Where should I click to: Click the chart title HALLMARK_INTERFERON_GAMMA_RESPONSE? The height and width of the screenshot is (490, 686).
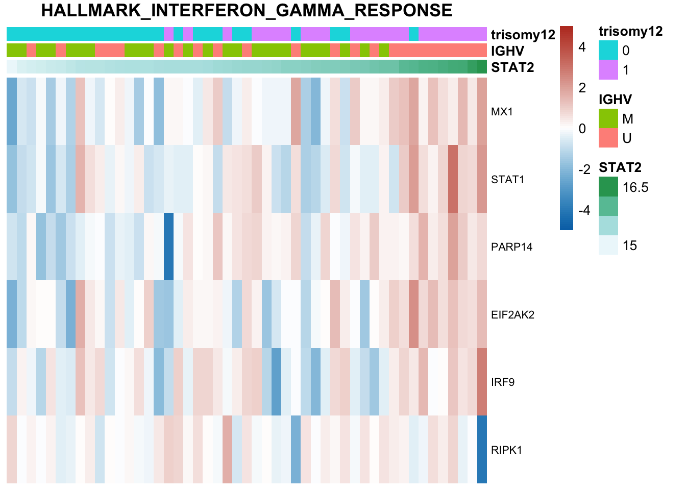click(247, 11)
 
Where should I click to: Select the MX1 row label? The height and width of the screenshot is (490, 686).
click(502, 112)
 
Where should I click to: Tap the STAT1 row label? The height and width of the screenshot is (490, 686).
click(507, 180)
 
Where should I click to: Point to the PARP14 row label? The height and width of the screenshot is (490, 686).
click(511, 247)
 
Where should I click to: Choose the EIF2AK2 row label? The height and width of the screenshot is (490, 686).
click(512, 315)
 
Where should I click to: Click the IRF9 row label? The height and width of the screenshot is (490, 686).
click(503, 382)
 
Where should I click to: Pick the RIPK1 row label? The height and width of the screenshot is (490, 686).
click(506, 450)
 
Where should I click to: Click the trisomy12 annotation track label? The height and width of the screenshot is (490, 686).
click(523, 35)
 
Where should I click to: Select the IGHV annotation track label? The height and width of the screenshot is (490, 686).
click(507, 51)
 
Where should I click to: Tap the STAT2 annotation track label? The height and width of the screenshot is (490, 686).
click(512, 67)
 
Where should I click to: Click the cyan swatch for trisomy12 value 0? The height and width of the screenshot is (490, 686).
click(608, 50)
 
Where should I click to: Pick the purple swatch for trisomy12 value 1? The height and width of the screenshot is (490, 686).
click(608, 69)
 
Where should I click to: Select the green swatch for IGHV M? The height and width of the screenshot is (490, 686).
click(608, 118)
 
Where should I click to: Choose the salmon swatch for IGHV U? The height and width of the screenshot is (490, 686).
click(608, 138)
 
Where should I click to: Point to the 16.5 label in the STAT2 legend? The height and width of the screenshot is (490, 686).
click(635, 187)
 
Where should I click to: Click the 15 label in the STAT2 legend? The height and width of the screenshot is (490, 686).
click(630, 246)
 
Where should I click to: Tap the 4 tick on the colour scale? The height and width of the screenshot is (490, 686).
click(582, 47)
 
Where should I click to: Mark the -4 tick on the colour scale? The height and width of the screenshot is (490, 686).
click(584, 210)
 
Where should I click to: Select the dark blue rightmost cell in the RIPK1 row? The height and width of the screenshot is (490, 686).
click(482, 449)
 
